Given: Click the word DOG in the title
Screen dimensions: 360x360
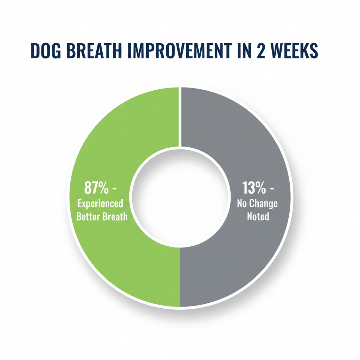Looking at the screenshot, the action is coord(46,51).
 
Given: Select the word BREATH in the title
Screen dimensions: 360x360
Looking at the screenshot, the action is coord(94,51).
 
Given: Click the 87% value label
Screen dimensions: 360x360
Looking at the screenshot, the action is coord(96,188).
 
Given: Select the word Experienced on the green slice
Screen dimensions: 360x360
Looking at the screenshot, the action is coord(100,204).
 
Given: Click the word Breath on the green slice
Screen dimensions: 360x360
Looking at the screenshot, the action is coord(115,217).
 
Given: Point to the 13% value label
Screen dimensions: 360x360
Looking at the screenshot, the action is coord(254,188).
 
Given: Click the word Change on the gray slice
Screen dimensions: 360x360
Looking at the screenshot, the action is coord(264,204).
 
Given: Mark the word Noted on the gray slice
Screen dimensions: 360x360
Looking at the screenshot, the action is coord(258,217).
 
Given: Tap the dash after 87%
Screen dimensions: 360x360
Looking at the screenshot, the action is coord(114,189).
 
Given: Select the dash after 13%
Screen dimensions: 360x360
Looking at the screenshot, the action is coord(272,189).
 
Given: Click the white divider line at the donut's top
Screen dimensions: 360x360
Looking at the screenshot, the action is coord(180,117).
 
